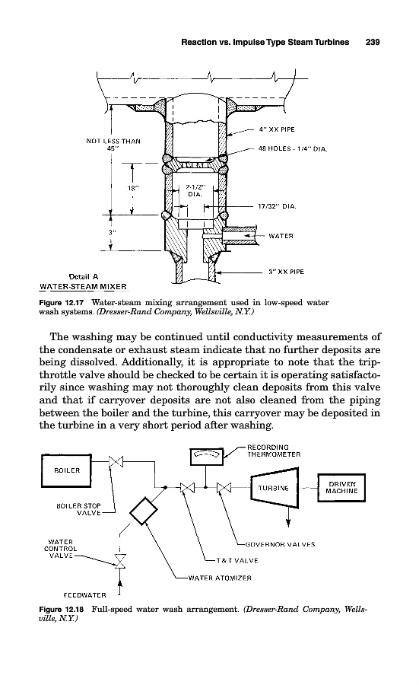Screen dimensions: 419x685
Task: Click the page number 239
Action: [373, 43]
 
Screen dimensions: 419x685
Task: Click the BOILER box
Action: [66, 470]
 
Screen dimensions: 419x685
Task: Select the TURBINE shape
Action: [274, 488]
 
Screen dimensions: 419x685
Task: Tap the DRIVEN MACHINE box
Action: [341, 488]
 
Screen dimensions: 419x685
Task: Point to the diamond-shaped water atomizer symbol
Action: [144, 511]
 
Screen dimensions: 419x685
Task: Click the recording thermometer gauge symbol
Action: [207, 457]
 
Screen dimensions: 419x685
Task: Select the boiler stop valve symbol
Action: [116, 461]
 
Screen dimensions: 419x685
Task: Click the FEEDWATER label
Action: [84, 595]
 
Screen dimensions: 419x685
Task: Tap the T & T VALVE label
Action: [237, 560]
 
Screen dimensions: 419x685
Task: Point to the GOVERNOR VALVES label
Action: [280, 544]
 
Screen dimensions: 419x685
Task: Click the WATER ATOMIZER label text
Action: [220, 578]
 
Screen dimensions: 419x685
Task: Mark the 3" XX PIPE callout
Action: [286, 272]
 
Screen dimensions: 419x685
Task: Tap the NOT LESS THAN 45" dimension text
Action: [113, 145]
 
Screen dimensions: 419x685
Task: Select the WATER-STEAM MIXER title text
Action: [83, 287]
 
